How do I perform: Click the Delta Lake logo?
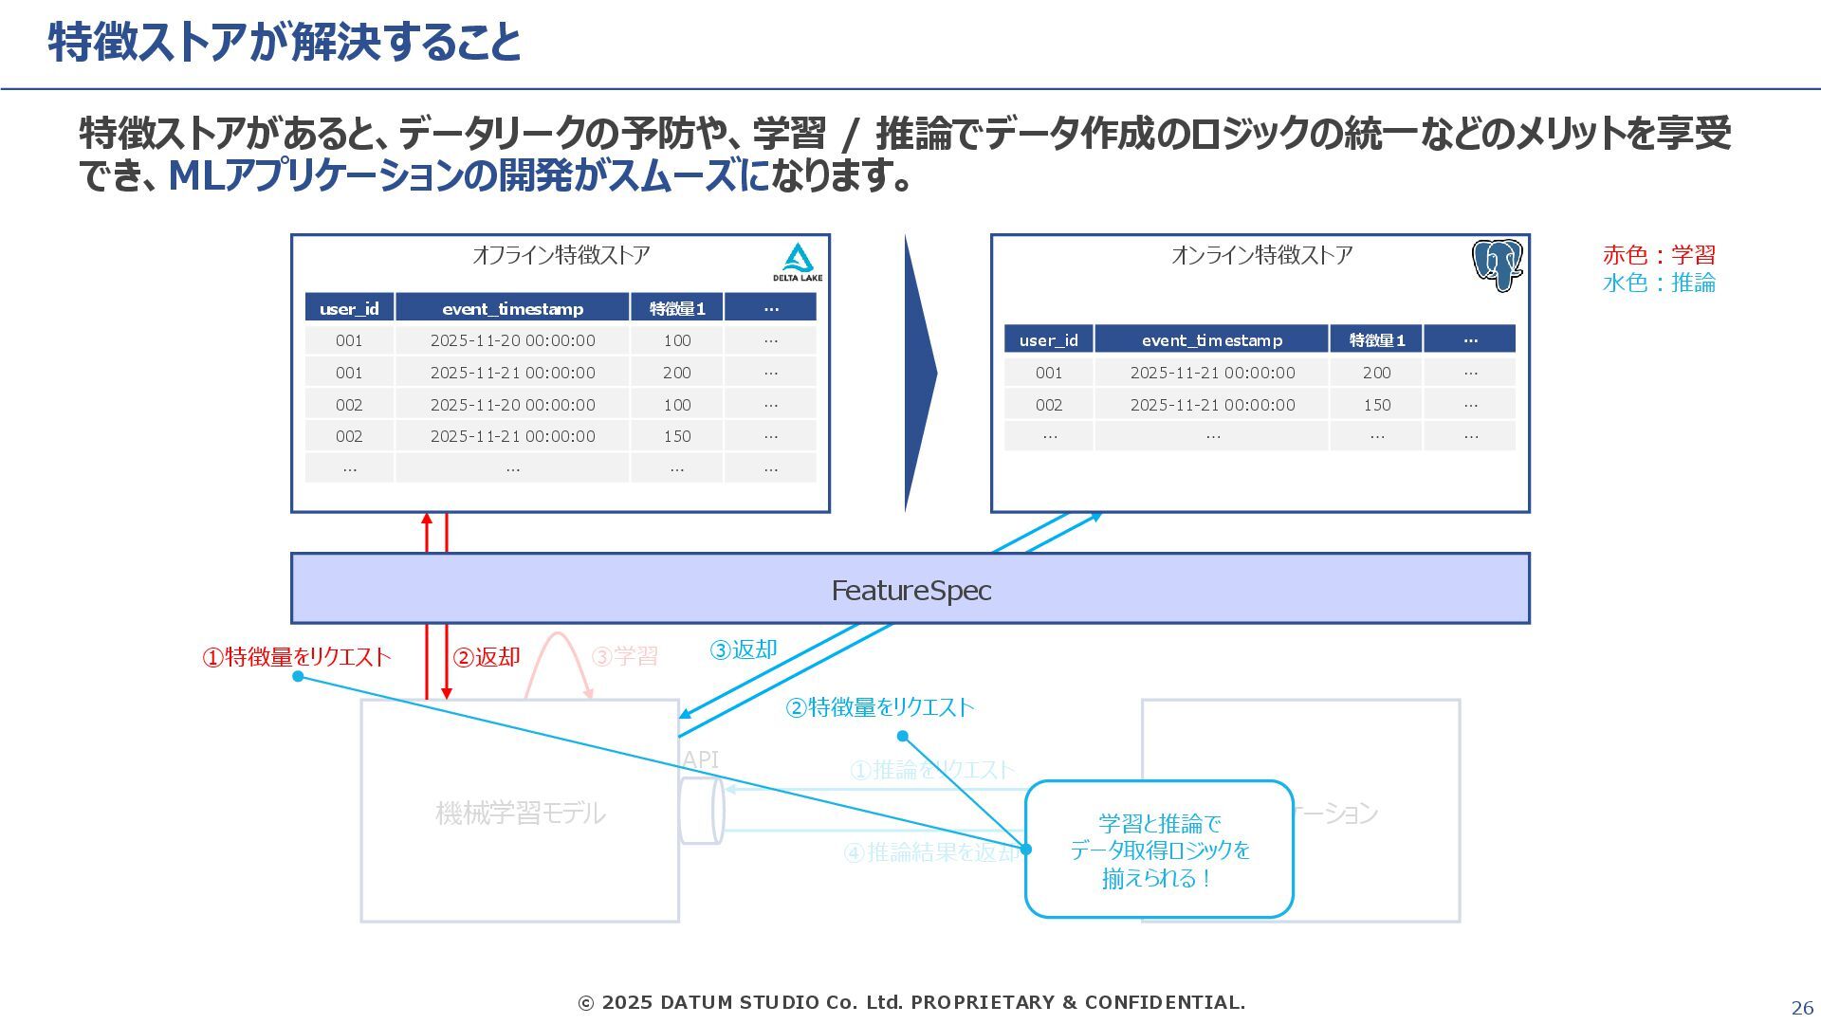click(x=797, y=262)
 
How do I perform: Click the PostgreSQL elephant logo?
click(x=1497, y=265)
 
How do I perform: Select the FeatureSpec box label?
click(x=910, y=590)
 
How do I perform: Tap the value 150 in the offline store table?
click(x=676, y=436)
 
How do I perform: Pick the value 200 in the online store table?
click(x=1376, y=373)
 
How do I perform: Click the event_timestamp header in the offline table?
click(x=512, y=308)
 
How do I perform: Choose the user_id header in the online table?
click(x=1048, y=339)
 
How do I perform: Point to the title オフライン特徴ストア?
click(x=561, y=255)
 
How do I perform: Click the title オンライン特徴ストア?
click(x=1261, y=255)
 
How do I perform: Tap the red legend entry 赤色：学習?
click(x=1659, y=255)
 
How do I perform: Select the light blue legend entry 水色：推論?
click(x=1659, y=283)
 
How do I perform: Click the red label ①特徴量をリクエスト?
click(x=296, y=657)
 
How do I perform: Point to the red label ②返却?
click(x=487, y=657)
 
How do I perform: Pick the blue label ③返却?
click(x=744, y=649)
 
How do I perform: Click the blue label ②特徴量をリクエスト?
click(x=879, y=707)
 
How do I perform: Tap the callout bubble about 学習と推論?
click(x=1159, y=850)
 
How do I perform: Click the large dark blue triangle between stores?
click(x=918, y=373)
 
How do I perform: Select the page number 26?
click(x=1801, y=1008)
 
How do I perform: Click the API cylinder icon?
click(x=702, y=811)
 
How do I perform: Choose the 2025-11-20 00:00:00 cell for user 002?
click(x=512, y=405)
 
